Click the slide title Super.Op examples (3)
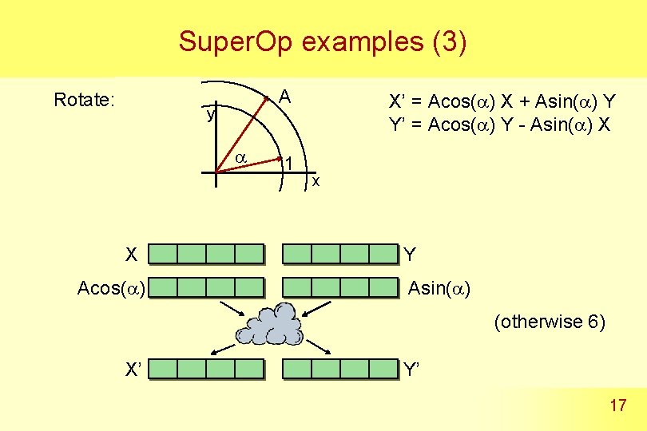tap(322, 41)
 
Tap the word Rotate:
tap(85, 101)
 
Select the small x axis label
tap(316, 182)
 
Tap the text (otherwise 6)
tap(550, 322)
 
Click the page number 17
tap(617, 406)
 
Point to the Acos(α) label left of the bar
tap(111, 287)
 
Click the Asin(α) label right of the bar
tap(439, 287)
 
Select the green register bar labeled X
tap(206, 254)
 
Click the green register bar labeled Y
tap(341, 254)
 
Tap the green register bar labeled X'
tap(206, 368)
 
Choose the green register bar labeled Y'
tap(341, 368)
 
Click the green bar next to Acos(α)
tap(206, 287)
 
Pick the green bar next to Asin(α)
tap(341, 287)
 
